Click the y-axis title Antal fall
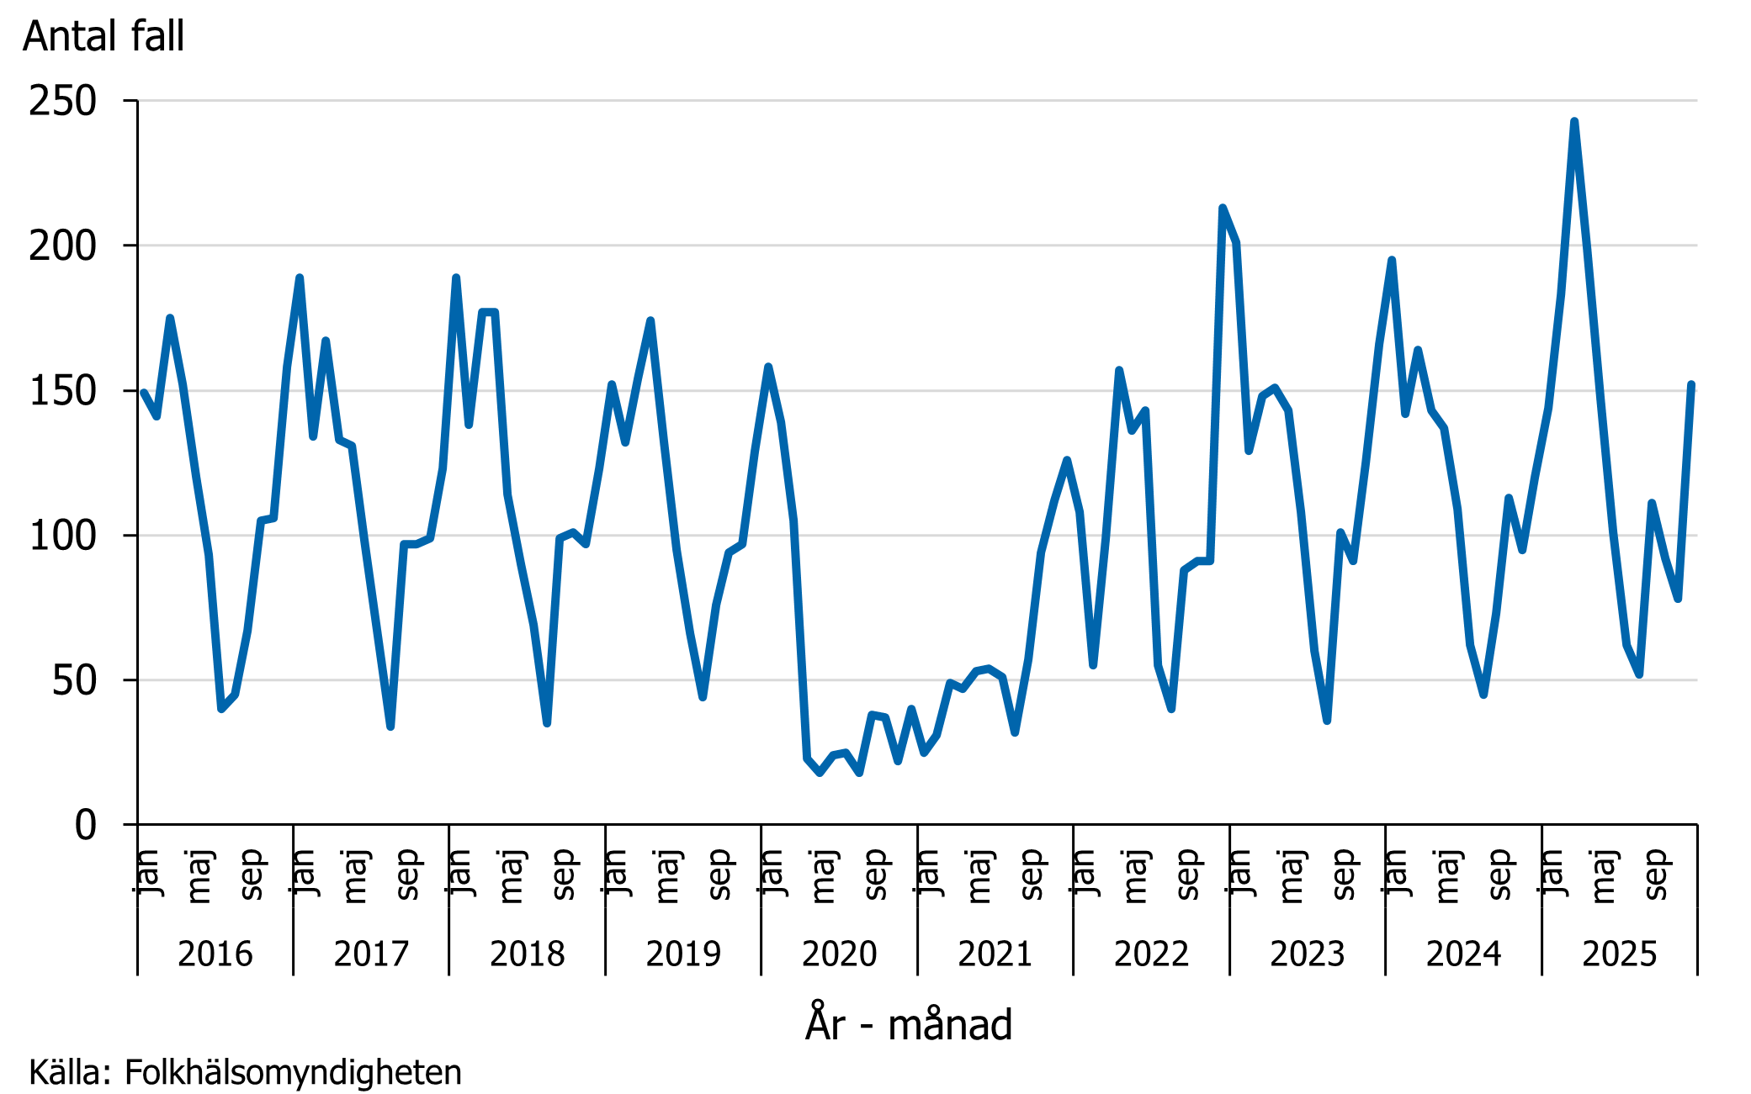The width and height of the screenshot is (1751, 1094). (x=103, y=36)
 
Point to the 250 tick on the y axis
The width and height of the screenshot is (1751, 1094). (x=62, y=102)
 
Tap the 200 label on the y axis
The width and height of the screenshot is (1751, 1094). (x=62, y=246)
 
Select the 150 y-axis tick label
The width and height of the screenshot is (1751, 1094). (x=62, y=391)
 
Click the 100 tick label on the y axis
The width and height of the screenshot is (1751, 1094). (x=62, y=536)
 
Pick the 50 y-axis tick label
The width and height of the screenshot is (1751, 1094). (x=74, y=680)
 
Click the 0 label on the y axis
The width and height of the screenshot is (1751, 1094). (x=85, y=825)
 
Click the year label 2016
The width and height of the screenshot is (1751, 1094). (x=215, y=954)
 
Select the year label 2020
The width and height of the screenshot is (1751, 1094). (x=839, y=954)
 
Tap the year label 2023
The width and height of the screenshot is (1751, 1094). (x=1307, y=954)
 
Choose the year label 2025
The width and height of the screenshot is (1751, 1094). (x=1619, y=954)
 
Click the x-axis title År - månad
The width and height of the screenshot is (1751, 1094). (x=908, y=1024)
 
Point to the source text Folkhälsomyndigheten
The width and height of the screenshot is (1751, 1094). (x=292, y=1073)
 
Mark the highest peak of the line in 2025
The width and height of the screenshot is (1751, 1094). (x=1573, y=122)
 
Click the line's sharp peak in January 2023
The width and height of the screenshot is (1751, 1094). (x=1223, y=208)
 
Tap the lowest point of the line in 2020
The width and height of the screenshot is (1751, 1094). (x=820, y=773)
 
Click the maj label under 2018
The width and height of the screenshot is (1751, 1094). (x=511, y=876)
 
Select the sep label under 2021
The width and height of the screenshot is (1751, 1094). (x=1031, y=875)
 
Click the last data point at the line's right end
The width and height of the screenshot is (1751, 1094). (x=1691, y=385)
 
